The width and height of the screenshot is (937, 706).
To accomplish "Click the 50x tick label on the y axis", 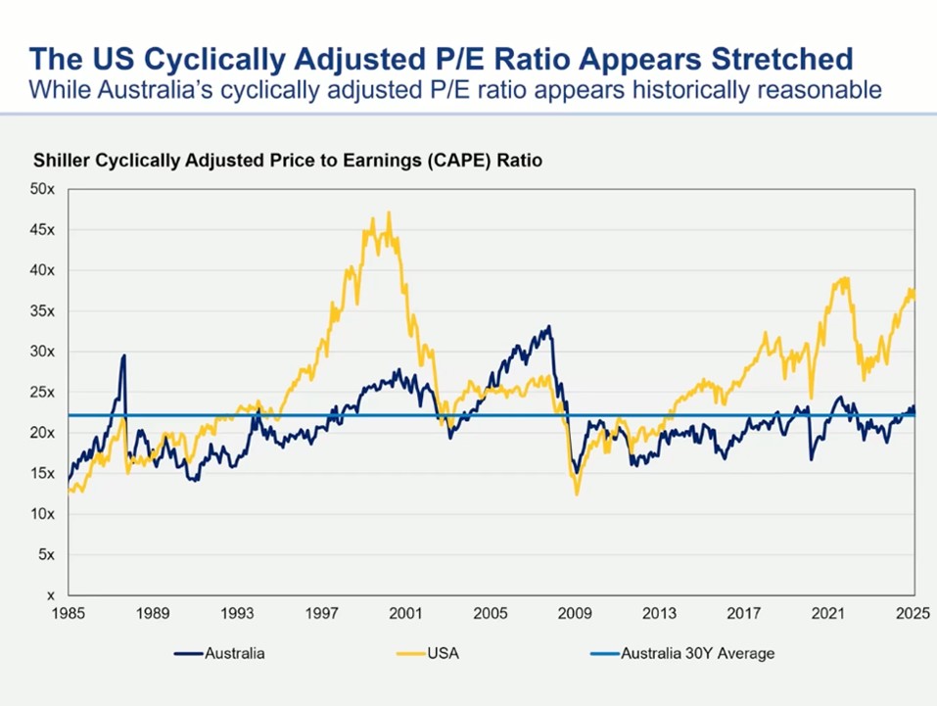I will pos(42,189).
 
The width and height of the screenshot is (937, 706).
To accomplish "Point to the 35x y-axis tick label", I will pos(42,311).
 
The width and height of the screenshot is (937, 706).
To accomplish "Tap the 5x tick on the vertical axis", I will pos(46,554).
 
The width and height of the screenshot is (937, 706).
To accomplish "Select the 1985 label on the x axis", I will pos(69,614).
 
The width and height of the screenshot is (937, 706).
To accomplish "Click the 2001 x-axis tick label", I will pos(406,614).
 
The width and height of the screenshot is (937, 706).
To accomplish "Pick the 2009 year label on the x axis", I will pos(575,614).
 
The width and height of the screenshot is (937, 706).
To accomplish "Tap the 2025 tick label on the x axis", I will pos(913,614).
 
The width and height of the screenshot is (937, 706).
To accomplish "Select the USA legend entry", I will pos(443,653).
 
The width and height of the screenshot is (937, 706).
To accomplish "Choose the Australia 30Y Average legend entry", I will pos(698,653).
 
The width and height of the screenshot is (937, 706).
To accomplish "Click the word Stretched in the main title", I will pos(765,59).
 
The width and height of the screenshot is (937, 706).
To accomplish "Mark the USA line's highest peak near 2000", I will pos(390,212).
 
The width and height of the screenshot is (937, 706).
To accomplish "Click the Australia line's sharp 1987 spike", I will pos(124,355).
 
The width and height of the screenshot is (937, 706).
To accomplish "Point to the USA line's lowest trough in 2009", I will pos(577,494).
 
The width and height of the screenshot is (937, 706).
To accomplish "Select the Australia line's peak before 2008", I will pos(549,327).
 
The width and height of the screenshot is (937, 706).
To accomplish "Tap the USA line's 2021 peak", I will pos(844,278).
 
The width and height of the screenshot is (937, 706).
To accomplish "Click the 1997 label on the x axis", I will pos(322,614).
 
